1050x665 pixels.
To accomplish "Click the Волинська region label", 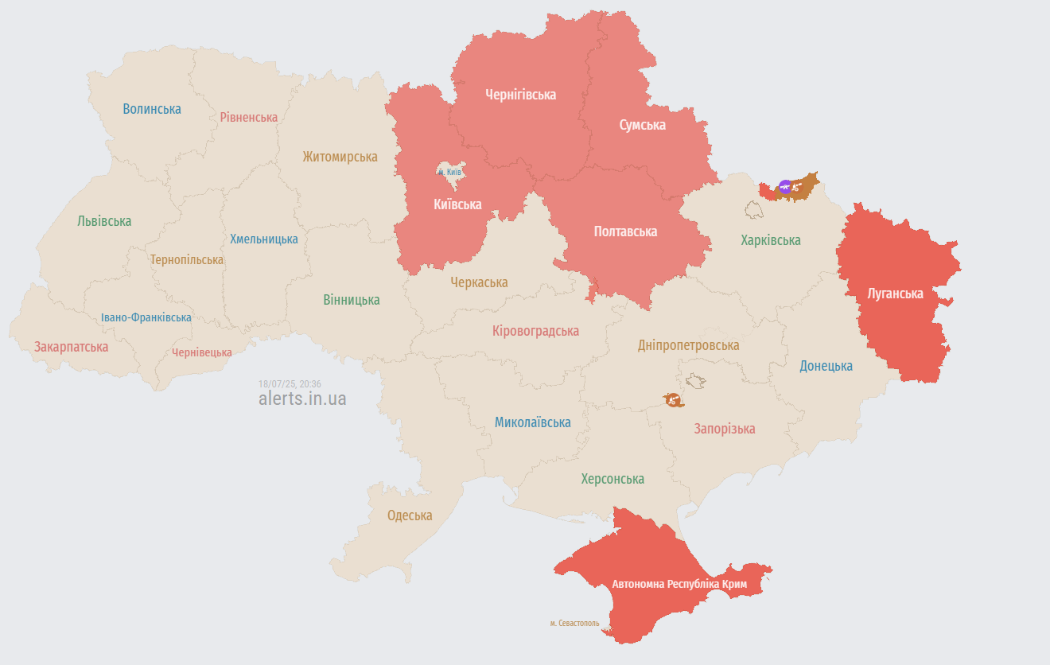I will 152,109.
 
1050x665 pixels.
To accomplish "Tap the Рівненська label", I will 249,118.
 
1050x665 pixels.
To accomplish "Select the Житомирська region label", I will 340,157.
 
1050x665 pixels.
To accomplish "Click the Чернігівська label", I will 520,95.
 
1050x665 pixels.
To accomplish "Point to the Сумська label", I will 642,125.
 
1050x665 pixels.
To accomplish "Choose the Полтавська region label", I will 625,231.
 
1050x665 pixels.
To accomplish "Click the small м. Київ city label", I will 449,172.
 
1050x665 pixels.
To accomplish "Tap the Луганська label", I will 895,294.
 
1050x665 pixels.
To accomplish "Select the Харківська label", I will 770,240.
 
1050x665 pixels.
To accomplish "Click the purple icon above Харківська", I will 785,187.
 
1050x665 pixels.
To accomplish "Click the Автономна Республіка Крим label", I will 679,585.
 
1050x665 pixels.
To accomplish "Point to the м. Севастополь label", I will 574,623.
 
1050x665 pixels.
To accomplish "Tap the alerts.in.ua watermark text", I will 302,399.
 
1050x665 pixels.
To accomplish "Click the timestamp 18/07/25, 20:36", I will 290,383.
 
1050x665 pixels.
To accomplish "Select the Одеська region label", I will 410,515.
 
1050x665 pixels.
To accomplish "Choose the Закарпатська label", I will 71,347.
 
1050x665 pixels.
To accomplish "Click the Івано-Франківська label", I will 146,317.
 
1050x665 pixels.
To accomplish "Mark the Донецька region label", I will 826,366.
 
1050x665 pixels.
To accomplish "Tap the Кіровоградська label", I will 535,331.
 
